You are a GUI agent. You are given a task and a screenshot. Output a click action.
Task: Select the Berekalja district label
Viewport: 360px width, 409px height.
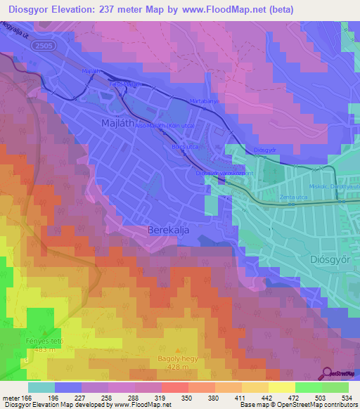169,230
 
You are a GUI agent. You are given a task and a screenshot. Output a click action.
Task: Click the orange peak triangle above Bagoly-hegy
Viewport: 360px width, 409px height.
177,349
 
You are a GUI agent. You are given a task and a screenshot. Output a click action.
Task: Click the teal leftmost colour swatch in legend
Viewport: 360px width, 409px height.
41,387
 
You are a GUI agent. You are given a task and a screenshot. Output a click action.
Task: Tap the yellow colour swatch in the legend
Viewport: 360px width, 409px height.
281,387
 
